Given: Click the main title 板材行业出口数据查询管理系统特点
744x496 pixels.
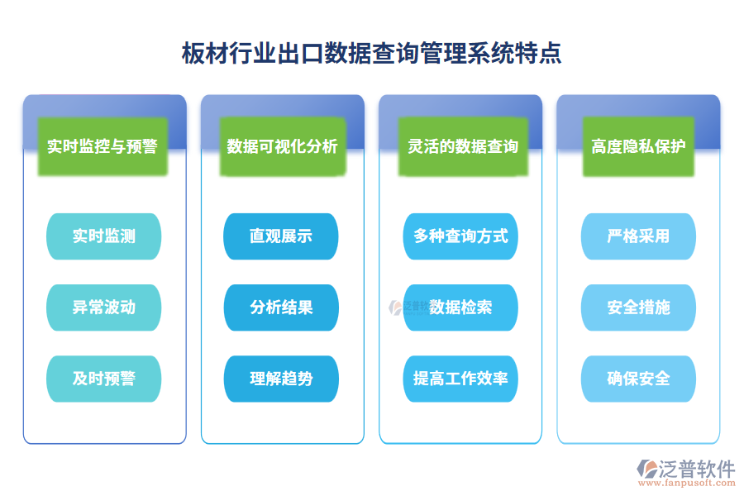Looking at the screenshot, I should pos(371,54).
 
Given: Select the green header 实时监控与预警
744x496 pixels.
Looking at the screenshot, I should pos(103,146).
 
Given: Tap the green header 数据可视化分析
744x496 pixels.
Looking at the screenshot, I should pos(282,146).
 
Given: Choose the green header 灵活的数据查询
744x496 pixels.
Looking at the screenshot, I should pos(462,146).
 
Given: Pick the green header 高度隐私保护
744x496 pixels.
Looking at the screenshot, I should pos(638,146).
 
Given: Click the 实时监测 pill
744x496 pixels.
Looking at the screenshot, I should pos(104,236).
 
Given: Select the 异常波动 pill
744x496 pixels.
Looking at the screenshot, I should pos(104,308).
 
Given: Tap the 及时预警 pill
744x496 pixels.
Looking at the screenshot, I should pos(104,379).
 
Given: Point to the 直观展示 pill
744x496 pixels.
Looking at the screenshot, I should pos(281,236).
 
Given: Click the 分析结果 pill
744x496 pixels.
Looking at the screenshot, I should pos(281,308).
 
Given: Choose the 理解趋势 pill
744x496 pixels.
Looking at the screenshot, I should pos(281,379).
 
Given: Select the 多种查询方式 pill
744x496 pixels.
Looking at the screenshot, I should pos(460,236).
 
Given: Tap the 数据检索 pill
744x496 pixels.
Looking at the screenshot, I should pos(460,308).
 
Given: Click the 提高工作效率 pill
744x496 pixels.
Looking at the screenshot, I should pos(460,379).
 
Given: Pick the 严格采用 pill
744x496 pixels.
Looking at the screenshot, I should pos(638,236).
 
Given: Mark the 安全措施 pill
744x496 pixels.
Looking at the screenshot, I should pos(638,308).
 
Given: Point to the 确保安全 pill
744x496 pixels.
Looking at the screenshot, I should pos(638,379).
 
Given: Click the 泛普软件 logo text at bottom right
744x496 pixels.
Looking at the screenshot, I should pos(697,468).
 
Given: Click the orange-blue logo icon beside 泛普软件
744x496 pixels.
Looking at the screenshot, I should pos(647,472).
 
